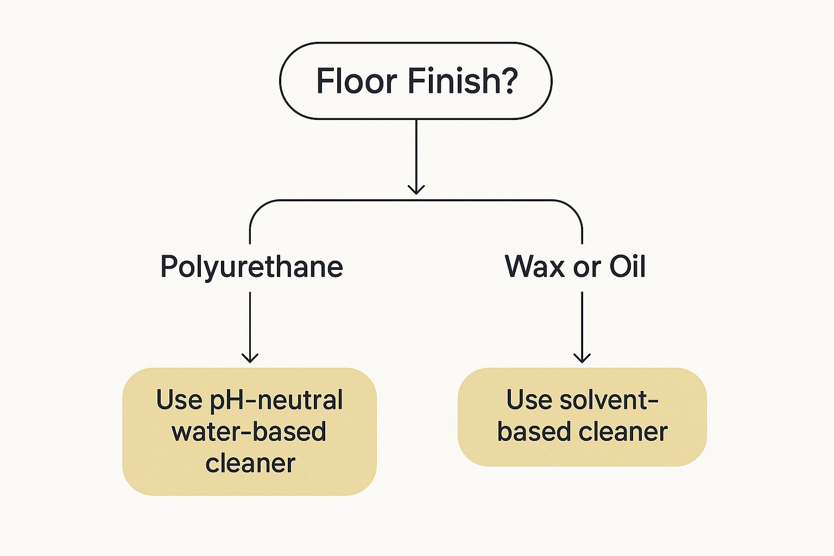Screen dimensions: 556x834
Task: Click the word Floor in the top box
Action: point(356,81)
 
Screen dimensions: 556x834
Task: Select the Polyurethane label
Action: point(251,267)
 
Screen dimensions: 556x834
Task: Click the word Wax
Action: point(535,267)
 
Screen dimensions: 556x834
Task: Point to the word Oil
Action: point(627,267)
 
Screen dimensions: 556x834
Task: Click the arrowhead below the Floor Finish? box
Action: point(416,188)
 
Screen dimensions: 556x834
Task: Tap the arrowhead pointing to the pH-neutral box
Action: point(250,357)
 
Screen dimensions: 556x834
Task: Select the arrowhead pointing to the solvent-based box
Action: point(582,357)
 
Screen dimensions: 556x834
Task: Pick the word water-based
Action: point(249,432)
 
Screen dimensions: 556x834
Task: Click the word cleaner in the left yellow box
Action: point(250,463)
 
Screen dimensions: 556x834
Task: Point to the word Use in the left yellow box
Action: point(179,400)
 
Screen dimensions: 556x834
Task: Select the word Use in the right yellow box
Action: point(529,400)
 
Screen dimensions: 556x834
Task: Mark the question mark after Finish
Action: point(509,81)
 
